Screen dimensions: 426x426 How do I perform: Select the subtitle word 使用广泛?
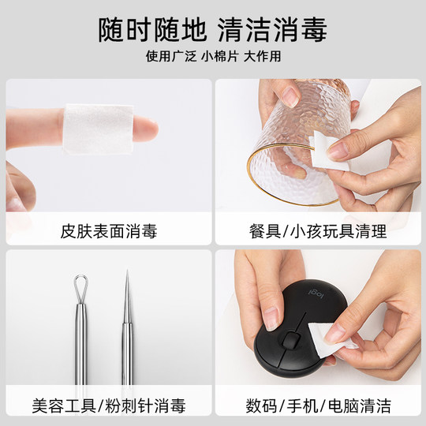click(x=170, y=57)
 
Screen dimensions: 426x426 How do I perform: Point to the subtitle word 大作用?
click(x=262, y=57)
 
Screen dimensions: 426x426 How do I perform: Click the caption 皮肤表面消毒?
click(x=109, y=232)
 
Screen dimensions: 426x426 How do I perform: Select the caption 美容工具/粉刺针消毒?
click(x=109, y=406)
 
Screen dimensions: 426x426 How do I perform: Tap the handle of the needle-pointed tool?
click(x=126, y=347)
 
